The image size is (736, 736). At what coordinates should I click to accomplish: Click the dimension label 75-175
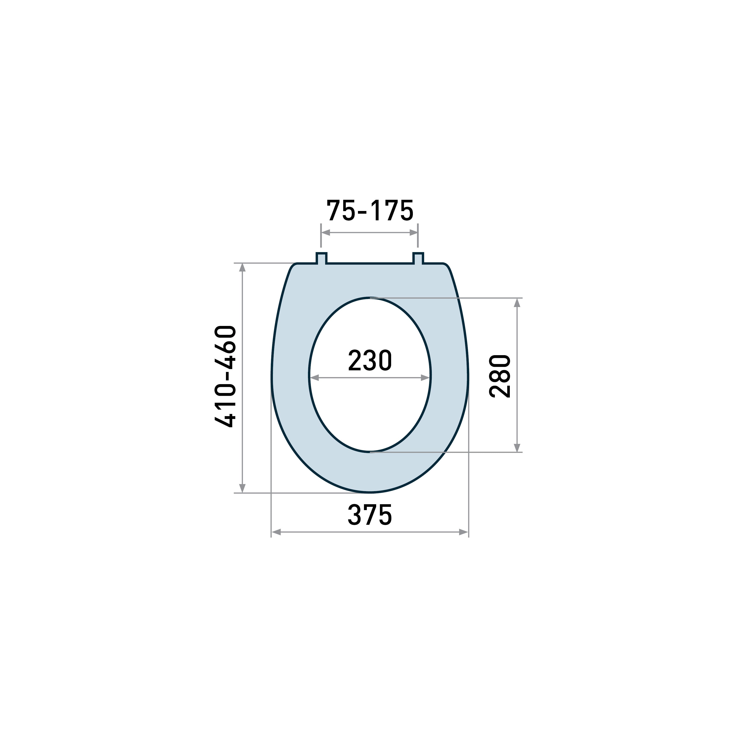[x=370, y=210]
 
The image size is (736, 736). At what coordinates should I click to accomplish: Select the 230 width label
[x=370, y=360]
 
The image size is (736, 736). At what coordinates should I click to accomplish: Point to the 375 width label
[x=370, y=515]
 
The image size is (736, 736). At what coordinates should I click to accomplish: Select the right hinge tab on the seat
[x=418, y=258]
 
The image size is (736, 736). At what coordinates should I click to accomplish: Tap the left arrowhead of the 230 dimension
[x=314, y=378]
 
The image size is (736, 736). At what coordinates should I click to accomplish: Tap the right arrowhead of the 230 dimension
[x=425, y=378]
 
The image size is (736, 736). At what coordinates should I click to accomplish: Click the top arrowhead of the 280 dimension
[x=517, y=303]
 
